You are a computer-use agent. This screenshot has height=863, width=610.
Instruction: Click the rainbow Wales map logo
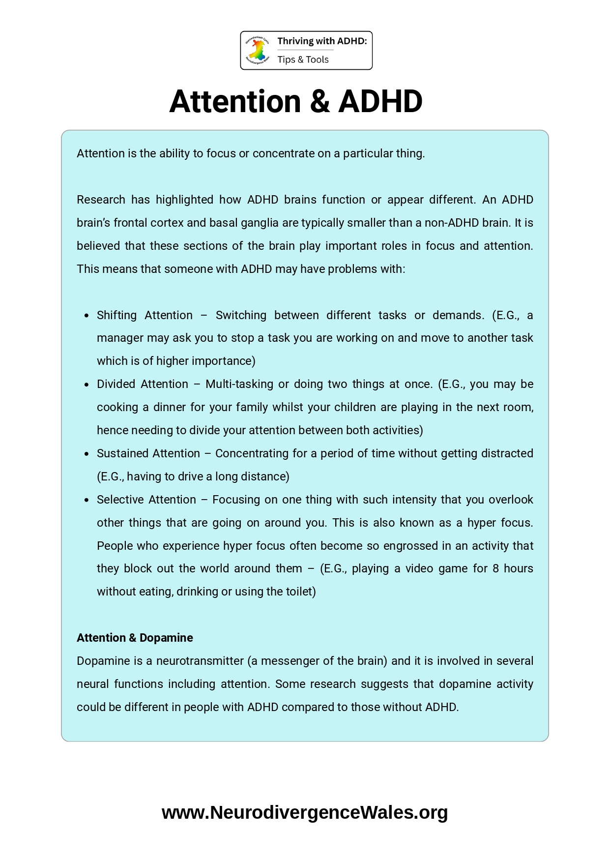258,50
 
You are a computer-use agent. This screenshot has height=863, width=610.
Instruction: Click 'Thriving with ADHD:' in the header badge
322,41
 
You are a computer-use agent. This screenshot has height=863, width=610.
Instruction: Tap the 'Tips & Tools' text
303,60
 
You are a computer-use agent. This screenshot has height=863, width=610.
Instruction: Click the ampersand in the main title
320,102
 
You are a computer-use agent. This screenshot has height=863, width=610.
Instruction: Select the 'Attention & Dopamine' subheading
135,638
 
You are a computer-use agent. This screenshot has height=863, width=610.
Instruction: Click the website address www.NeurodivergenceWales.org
305,812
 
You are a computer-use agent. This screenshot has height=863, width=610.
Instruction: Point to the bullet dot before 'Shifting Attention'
87,316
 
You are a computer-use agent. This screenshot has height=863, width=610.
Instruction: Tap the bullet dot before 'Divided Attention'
87,385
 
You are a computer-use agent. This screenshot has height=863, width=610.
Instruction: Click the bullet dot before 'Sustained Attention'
87,454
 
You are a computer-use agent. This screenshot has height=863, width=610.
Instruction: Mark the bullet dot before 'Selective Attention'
87,500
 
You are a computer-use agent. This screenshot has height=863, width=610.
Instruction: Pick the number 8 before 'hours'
495,568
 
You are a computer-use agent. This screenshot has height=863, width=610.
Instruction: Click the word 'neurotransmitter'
200,661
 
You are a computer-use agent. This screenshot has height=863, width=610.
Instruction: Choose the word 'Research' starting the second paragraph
101,200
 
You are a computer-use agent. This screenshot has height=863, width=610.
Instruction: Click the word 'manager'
117,338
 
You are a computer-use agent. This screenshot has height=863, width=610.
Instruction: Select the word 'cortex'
167,223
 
